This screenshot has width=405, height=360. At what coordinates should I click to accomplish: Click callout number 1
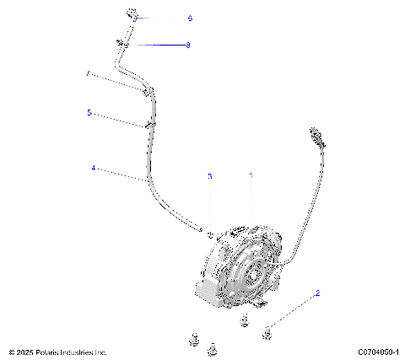pyautogui.click(x=250, y=175)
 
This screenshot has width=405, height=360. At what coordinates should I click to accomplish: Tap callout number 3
pyautogui.click(x=210, y=176)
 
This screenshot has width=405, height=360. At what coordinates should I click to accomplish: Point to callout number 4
pyautogui.click(x=94, y=169)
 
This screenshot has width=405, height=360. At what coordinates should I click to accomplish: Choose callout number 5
pyautogui.click(x=89, y=111)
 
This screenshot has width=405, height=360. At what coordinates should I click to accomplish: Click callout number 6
pyautogui.click(x=189, y=18)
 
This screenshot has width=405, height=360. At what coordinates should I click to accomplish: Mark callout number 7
pyautogui.click(x=88, y=74)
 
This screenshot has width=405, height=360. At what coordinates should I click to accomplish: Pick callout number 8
pyautogui.click(x=187, y=45)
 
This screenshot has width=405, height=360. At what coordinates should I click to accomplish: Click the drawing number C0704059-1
pyautogui.click(x=378, y=352)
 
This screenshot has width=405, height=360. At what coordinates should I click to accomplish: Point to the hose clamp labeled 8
pyautogui.click(x=123, y=44)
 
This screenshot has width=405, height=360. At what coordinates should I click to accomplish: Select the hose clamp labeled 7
pyautogui.click(x=148, y=88)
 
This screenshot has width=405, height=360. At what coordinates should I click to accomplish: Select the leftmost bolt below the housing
pyautogui.click(x=192, y=340)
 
